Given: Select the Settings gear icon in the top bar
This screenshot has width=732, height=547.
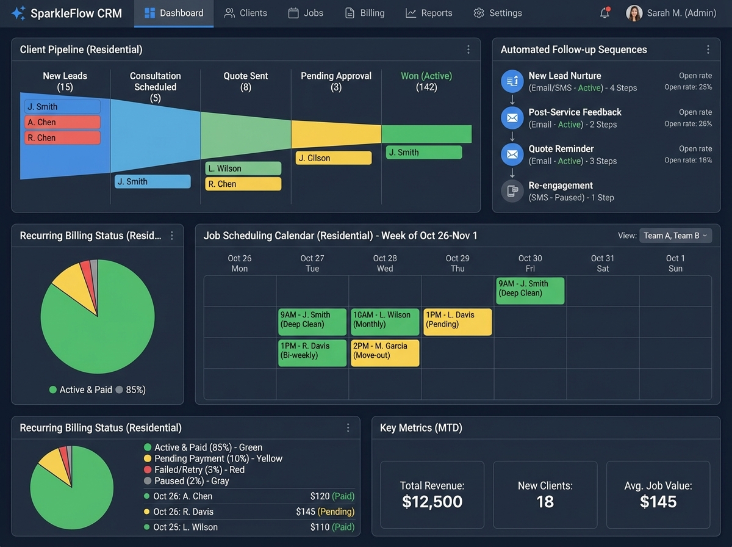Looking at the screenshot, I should coord(479,13).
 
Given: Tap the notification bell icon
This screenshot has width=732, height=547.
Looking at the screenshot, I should coord(605,13).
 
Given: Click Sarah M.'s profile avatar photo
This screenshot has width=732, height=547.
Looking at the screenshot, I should coord(634,13).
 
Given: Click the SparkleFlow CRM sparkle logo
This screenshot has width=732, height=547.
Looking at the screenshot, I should coord(18,13).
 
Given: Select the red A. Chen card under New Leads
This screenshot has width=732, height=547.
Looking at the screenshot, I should coord(62,122).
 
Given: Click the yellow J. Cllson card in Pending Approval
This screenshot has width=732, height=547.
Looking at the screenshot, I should coord(334,158).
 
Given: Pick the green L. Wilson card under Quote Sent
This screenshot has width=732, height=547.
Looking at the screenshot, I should coord(243,168).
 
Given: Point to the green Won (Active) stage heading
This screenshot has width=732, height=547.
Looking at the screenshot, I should coord(426,76).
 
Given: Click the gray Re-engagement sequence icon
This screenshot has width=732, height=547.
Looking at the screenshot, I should coord(512,190).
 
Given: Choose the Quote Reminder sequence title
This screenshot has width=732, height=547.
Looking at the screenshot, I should coord(561,149).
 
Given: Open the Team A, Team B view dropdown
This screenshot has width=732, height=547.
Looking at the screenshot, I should coord(675,236).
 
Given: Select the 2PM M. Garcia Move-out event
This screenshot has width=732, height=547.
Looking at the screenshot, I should coord(385,353).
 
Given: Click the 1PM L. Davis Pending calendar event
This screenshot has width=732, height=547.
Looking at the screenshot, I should coord(457,322).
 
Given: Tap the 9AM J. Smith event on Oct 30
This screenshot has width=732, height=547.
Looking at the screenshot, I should coord(530,291).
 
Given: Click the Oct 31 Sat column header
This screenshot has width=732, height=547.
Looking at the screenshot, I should coord(602,263).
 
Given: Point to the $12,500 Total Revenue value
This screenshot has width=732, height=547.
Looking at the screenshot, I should coord(432,502).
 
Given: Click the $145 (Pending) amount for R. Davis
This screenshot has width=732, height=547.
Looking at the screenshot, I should coord(325,512).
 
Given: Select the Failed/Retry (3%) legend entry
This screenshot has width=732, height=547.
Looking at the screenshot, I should coord(199,469).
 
